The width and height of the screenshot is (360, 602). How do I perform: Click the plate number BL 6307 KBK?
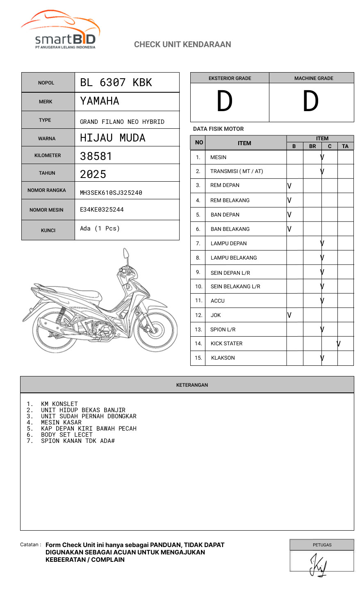tap(116, 82)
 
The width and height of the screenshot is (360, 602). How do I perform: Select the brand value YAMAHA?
tap(100, 101)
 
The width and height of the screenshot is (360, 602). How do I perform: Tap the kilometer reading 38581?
tap(96, 156)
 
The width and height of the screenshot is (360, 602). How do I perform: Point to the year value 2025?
tap(93, 174)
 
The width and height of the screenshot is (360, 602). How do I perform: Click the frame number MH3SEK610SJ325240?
tap(111, 193)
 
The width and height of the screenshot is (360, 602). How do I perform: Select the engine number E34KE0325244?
tap(102, 210)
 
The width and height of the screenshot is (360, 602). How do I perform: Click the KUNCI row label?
tap(48, 230)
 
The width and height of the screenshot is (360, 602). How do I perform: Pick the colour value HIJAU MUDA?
tap(113, 138)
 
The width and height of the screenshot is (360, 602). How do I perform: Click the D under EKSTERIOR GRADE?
tap(225, 101)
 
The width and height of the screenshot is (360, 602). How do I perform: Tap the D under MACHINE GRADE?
tap(310, 101)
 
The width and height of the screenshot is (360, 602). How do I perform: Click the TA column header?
tap(345, 146)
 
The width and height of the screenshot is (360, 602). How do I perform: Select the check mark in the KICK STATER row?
tap(339, 344)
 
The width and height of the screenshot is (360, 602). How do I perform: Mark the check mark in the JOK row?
tap(289, 315)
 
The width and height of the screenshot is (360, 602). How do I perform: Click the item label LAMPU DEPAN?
tap(228, 244)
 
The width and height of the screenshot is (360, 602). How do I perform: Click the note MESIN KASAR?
tap(61, 422)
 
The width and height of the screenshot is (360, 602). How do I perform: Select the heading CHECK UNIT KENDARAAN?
tap(182, 44)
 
